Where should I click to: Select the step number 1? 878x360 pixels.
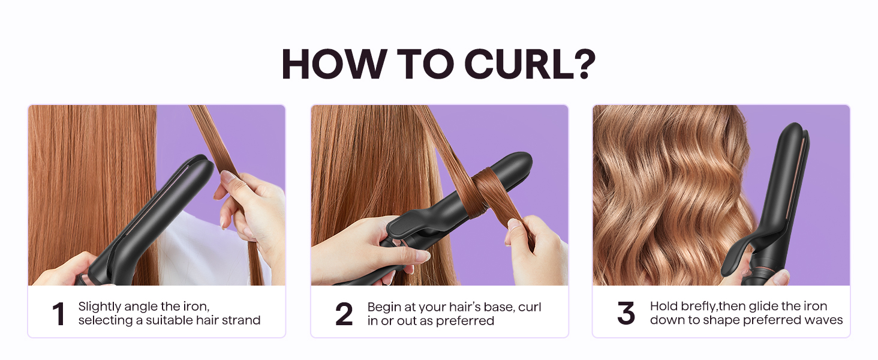pyautogui.click(x=58, y=314)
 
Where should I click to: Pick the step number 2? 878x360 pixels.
pyautogui.click(x=344, y=314)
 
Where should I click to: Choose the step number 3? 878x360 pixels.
pyautogui.click(x=626, y=314)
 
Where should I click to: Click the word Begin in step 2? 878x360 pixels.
pyautogui.click(x=383, y=307)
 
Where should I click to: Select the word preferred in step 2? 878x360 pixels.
pyautogui.click(x=465, y=321)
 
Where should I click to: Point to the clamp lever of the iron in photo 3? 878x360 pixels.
pyautogui.click(x=744, y=252)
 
